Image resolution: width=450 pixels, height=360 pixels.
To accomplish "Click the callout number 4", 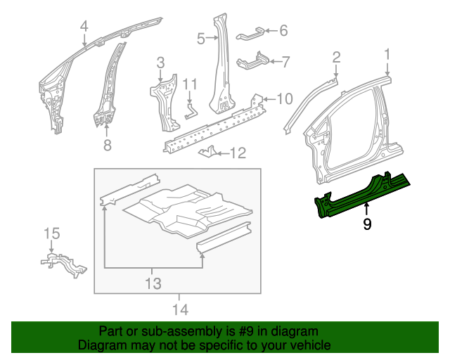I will (x=84, y=27).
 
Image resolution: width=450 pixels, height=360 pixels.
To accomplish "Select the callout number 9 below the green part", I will (x=366, y=224).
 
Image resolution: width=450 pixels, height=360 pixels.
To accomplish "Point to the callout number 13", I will (x=153, y=283).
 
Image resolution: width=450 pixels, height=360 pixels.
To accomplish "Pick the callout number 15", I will (x=52, y=233).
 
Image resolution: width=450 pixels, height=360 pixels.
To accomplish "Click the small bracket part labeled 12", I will (x=209, y=152).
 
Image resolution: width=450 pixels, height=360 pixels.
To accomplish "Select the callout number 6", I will (x=283, y=30).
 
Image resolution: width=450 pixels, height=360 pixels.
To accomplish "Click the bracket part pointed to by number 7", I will (x=254, y=61).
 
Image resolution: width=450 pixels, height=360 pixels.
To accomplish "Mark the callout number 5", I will (x=200, y=39).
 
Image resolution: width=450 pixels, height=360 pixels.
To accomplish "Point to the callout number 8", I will (x=107, y=146).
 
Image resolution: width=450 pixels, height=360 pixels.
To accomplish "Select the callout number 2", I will (x=336, y=56).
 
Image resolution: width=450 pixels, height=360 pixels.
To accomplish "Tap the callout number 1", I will (x=386, y=54).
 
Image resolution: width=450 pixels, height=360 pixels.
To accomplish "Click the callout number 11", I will (x=188, y=84).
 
